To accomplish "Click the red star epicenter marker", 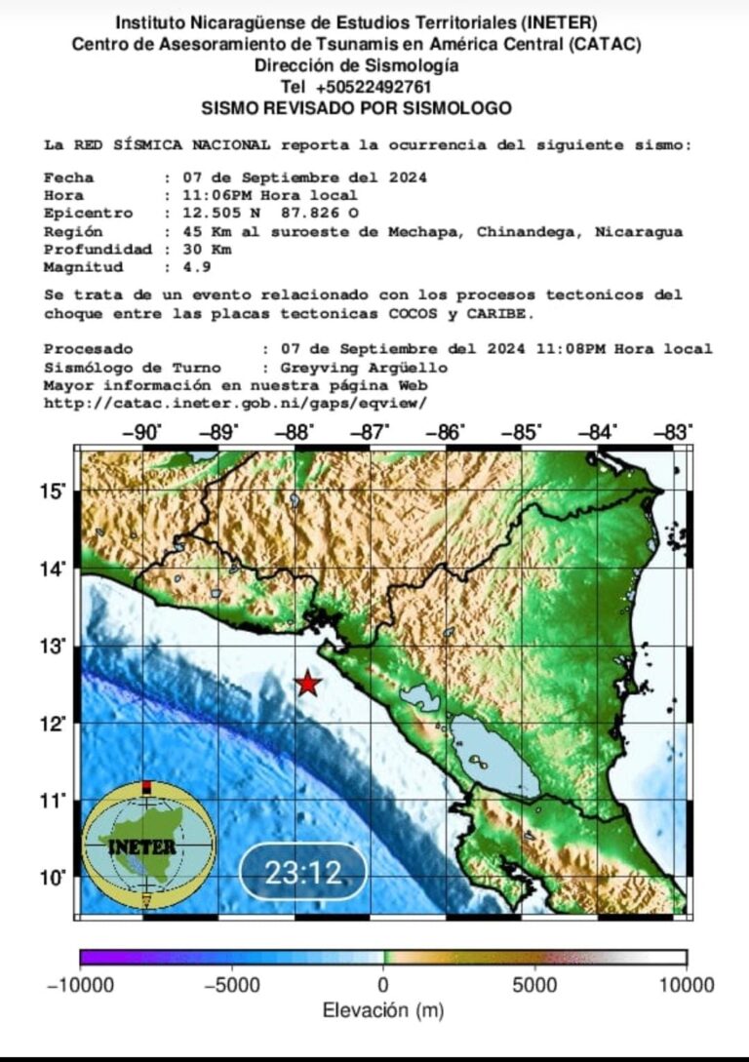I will tap(307, 684).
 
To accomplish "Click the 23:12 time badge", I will tap(303, 872).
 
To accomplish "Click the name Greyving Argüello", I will tap(363, 367).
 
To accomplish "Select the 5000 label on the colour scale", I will tap(534, 985).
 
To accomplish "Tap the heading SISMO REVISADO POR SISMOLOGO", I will tap(356, 107).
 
